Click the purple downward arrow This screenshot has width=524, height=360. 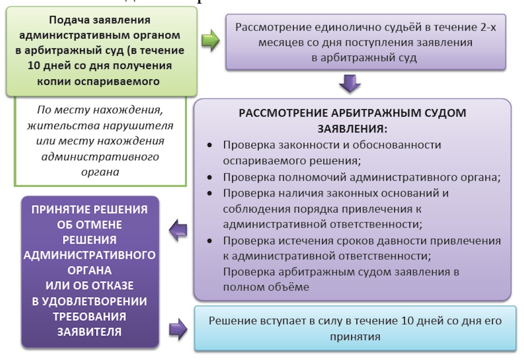click(350, 85)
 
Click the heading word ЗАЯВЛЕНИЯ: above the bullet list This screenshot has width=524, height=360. click(352, 128)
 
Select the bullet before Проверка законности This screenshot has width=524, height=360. click(210, 145)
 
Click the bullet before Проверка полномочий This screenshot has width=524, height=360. click(210, 178)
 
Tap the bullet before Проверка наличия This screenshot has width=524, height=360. click(210, 194)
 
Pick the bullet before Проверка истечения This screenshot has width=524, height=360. click(210, 241)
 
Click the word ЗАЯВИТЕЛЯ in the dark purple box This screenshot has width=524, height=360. click(90, 332)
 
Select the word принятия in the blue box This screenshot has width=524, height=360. click(355, 337)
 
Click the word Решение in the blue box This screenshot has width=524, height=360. click(231, 321)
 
